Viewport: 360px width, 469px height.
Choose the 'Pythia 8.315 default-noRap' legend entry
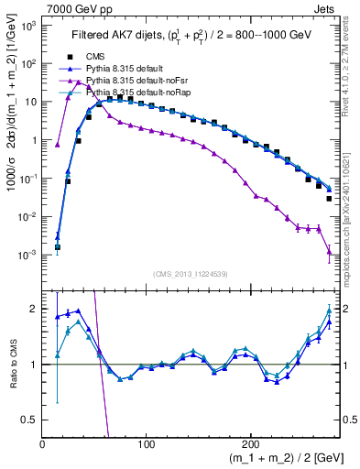[141, 93]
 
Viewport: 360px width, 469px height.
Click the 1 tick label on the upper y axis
[34, 140]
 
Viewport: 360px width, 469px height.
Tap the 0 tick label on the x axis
[43, 444]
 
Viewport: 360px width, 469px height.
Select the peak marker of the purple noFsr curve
[79, 83]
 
